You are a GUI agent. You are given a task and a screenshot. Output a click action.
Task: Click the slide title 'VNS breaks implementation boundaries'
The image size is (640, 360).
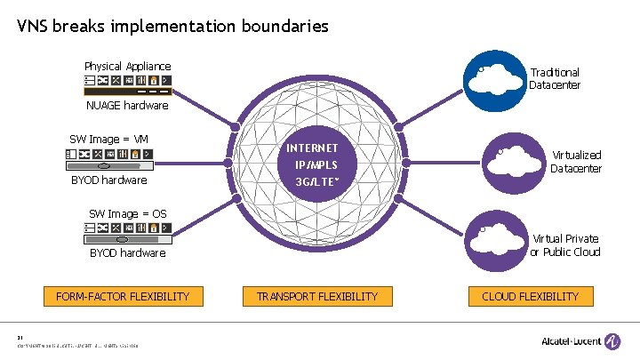[172, 27]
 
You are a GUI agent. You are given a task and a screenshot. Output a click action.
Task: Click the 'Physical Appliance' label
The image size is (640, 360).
[127, 66]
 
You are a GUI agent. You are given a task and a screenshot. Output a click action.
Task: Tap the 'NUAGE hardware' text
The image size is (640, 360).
[127, 106]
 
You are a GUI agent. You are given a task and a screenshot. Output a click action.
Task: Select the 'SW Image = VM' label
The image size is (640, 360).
[108, 139]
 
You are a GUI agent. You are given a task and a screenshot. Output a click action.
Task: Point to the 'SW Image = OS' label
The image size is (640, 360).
[127, 213]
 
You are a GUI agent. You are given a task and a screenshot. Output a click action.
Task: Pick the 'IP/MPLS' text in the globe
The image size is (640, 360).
[311, 165]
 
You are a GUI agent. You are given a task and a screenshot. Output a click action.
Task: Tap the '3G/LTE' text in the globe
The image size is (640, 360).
[311, 183]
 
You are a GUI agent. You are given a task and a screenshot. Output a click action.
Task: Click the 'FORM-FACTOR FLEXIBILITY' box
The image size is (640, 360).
[123, 296]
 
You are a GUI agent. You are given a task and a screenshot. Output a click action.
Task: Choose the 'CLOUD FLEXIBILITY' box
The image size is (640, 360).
[531, 296]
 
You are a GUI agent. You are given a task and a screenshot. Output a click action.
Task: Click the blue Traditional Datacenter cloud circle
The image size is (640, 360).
[497, 80]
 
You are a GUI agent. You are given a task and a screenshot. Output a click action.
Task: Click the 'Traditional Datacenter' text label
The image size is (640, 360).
[555, 78]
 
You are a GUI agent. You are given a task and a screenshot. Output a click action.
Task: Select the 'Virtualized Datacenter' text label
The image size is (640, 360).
[576, 162]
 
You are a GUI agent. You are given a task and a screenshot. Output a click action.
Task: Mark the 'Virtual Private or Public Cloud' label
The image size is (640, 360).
[565, 245]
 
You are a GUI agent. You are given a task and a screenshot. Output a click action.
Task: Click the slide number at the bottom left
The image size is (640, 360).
[20, 337]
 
